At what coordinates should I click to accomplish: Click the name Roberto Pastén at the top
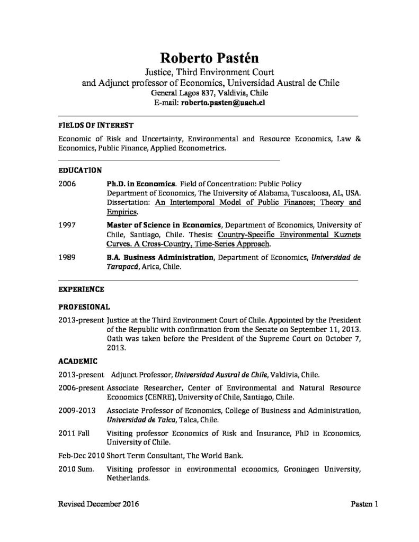[209, 58]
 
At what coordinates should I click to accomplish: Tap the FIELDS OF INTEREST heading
[95, 125]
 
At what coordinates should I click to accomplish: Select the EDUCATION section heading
[79, 170]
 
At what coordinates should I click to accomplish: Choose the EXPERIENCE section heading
[81, 290]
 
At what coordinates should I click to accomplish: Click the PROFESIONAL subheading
[84, 306]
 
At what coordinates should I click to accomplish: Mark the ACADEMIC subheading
[77, 362]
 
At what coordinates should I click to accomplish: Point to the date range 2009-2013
[75, 411]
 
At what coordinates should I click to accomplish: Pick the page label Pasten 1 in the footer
[364, 505]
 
